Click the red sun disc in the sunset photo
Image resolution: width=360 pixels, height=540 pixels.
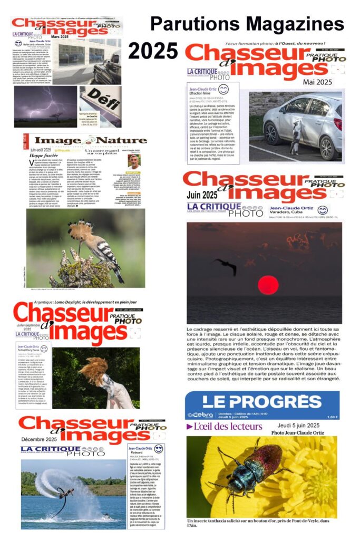(268, 285)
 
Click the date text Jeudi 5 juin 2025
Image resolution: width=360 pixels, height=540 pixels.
(298, 426)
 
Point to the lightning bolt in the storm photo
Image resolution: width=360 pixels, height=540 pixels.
(47, 103)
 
